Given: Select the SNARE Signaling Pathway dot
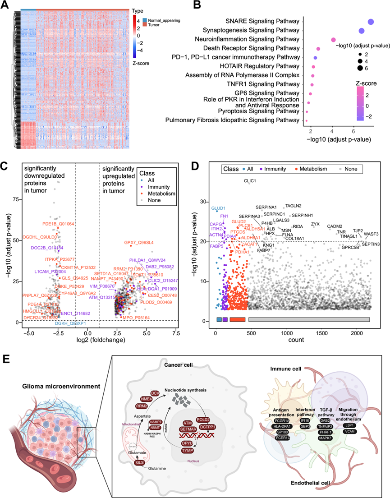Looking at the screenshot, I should coord(371,22).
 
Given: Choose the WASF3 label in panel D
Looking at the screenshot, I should coord(371,234).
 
